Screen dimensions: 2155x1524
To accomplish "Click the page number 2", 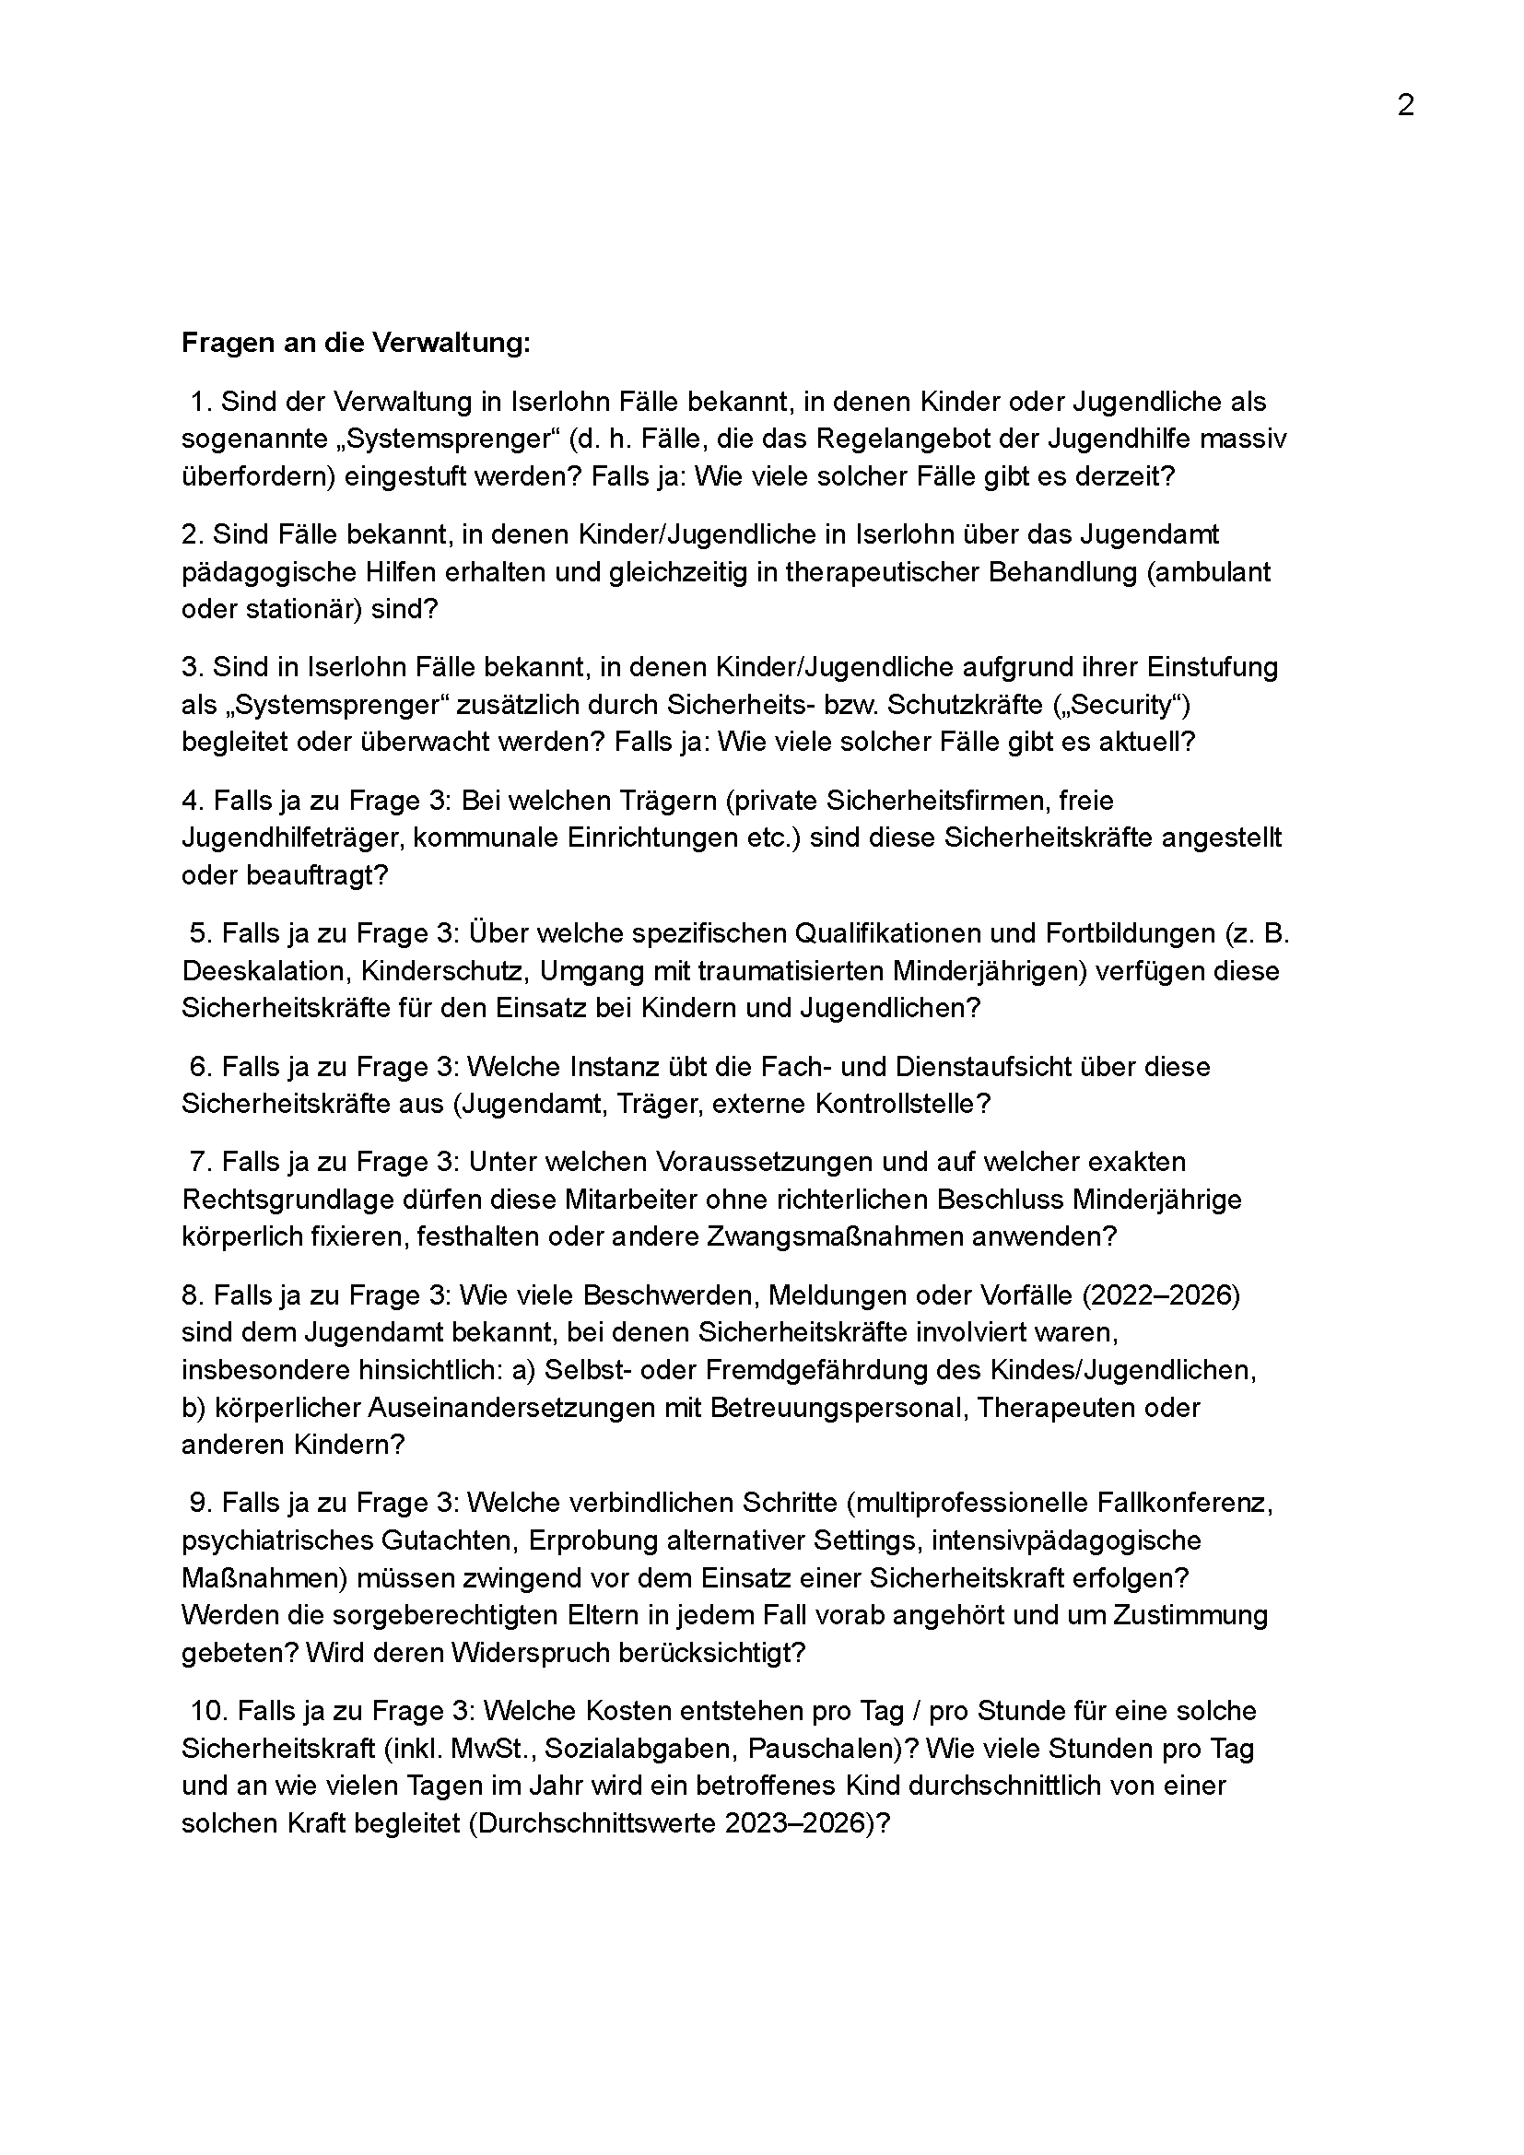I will click(x=1405, y=105).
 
